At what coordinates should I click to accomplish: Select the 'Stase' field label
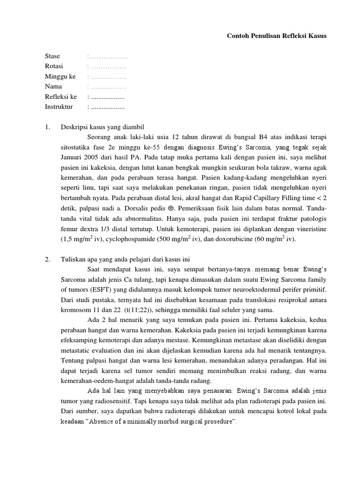coord(52,56)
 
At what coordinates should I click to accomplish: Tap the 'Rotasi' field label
coord(54,66)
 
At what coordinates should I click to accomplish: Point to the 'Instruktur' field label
coord(59,106)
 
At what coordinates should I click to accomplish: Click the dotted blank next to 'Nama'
coord(108,87)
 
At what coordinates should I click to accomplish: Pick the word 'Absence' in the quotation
coord(114,422)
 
